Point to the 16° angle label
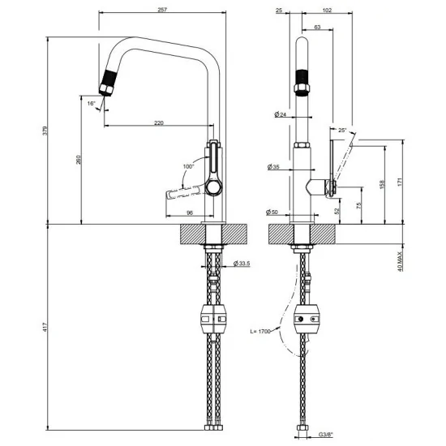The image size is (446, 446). coord(92,104)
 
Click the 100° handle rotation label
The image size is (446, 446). coord(189,167)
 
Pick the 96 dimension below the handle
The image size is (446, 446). coord(189,212)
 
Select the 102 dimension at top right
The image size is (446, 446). coord(327,9)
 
